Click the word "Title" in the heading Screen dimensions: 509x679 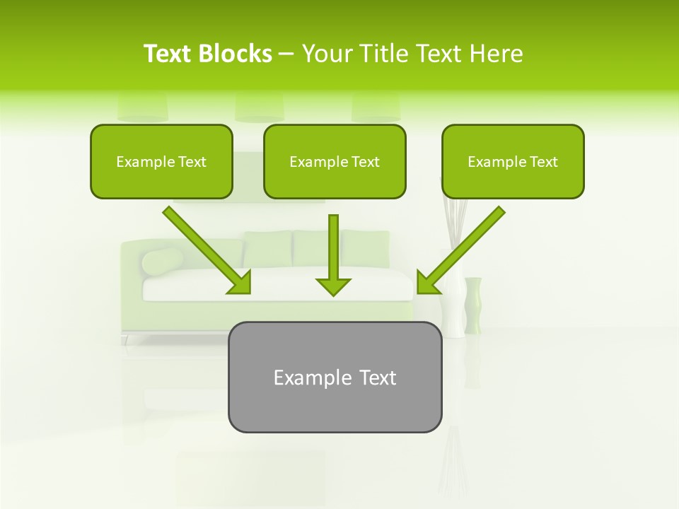[381, 54]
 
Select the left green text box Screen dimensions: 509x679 [161, 161]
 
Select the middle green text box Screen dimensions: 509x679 [335, 161]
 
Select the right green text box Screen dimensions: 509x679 [513, 161]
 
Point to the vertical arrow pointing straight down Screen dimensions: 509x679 [333, 247]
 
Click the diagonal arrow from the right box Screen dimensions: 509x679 [463, 247]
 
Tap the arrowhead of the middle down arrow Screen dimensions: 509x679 [333, 286]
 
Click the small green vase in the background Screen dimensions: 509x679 [473, 305]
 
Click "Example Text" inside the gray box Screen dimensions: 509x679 [335, 378]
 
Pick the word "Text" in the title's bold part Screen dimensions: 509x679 [168, 54]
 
